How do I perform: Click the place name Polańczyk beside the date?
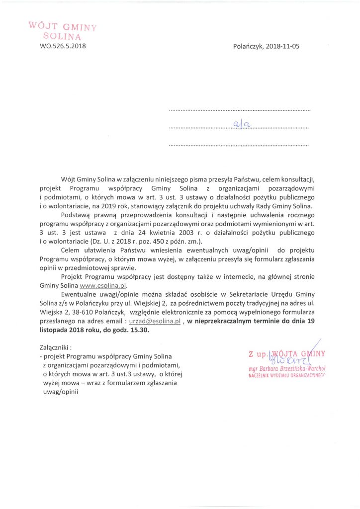248,47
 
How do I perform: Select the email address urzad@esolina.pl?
154,322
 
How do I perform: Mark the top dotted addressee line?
239,109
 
